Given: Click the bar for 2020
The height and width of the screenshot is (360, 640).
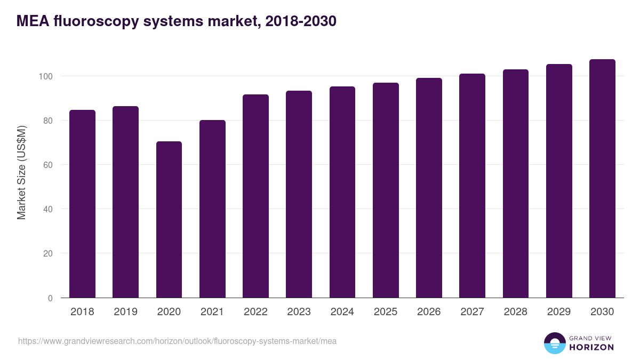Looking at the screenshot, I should point(169,220).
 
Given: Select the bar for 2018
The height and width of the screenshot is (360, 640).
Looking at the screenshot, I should point(82,204).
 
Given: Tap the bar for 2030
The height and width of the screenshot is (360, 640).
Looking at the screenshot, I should point(602,179).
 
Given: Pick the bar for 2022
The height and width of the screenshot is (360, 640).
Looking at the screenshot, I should point(255,196).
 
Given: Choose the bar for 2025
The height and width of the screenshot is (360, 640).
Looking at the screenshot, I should point(386,190).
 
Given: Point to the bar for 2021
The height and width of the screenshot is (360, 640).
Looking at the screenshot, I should point(212,209).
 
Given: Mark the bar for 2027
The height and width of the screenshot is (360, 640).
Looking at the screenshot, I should point(472,186).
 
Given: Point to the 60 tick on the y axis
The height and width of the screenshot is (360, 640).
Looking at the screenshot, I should point(48,165).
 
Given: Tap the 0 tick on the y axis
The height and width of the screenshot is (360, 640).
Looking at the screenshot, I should point(50,298).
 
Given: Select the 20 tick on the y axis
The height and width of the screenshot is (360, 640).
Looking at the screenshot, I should point(48,253).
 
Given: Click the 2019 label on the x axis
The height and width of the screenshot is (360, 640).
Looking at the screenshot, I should point(125,312).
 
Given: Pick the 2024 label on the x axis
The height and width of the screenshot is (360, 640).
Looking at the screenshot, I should point(342,312).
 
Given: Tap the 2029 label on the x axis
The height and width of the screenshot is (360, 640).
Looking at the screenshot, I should point(559,312).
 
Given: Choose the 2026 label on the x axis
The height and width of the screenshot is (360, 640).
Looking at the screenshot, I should point(429,312).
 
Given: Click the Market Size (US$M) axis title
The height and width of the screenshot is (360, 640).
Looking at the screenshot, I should point(21,172).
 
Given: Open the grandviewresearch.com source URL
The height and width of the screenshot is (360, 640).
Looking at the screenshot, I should point(177,341).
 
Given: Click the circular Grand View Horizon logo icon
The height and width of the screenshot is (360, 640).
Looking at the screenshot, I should point(555,343).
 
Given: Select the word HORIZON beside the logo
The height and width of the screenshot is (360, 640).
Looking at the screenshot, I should point(591,347).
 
